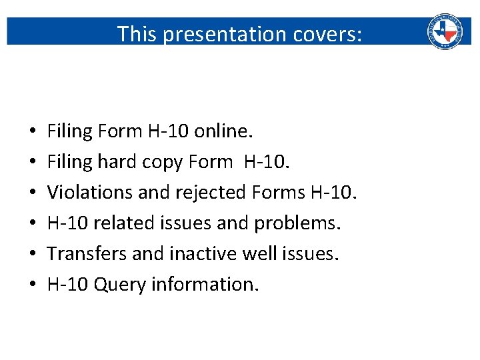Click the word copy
pos(163,162)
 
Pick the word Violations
pos(91,193)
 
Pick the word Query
pos(120,284)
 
